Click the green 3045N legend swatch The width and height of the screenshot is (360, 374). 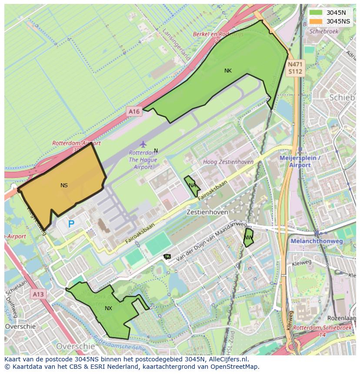[316, 13]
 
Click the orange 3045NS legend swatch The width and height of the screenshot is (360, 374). [316, 21]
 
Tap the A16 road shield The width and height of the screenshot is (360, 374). [134, 112]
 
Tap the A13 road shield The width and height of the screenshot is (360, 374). [38, 295]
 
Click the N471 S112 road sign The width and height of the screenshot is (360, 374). [295, 68]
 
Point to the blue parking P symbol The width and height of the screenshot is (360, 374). [71, 224]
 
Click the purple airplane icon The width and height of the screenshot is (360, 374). [143, 144]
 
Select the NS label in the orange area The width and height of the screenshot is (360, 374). [64, 185]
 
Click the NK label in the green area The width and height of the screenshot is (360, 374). [228, 71]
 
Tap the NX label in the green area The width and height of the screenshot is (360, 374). [108, 308]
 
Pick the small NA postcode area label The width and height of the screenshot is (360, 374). [192, 185]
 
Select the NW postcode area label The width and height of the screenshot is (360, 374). [248, 238]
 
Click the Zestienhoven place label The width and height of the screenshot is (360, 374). [207, 212]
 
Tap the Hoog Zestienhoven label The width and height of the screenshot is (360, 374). [228, 162]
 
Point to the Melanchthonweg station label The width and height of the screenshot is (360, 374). [323, 241]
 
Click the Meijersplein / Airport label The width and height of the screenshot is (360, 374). [301, 162]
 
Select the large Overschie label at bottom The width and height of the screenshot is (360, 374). [75, 346]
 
